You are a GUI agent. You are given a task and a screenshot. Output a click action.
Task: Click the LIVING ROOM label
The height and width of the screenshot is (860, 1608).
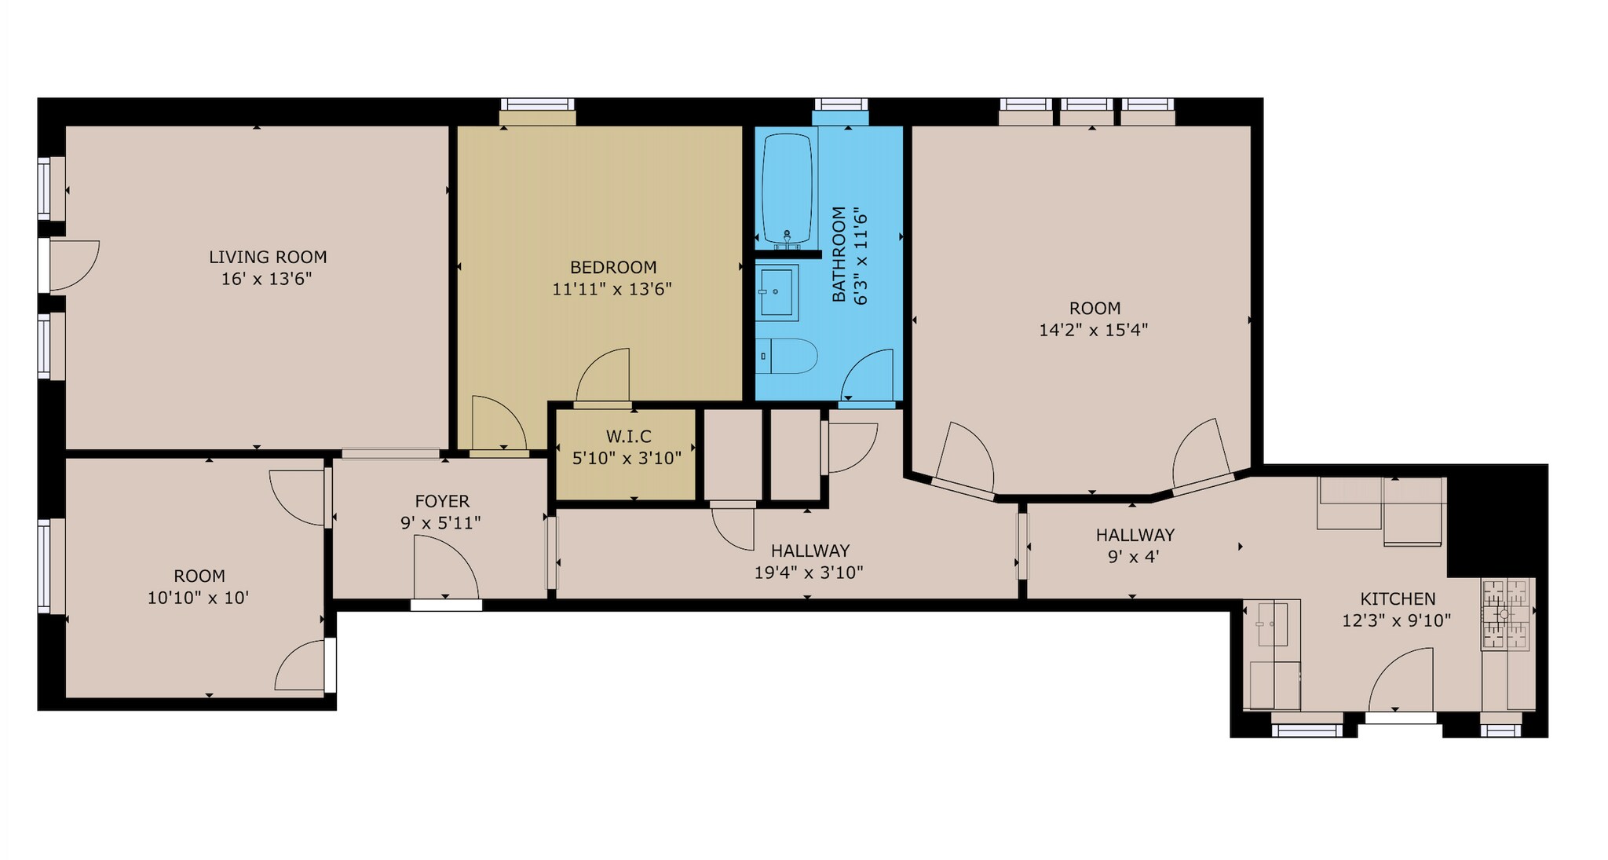tap(268, 257)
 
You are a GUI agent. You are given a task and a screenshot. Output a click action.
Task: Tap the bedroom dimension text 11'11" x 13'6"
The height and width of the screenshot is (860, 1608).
tap(612, 289)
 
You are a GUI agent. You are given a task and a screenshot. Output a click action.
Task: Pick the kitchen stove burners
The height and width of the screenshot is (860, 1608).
tap(1506, 614)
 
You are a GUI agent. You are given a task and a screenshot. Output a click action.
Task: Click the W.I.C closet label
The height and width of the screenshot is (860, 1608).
tap(629, 436)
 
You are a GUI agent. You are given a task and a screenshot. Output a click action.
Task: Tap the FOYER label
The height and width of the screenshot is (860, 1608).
tap(442, 501)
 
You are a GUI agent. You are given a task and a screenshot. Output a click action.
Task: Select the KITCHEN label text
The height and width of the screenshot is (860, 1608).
tap(1398, 598)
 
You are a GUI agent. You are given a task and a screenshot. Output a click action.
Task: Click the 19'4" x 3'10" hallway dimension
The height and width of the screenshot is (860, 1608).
tap(809, 573)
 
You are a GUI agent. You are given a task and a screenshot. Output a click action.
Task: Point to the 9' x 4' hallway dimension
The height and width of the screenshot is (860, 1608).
tap(1128, 557)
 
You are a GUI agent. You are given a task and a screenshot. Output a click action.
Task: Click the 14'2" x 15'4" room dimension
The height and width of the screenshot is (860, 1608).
tap(1094, 330)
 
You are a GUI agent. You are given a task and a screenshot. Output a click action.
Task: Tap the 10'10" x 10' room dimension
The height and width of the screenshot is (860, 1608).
tap(199, 598)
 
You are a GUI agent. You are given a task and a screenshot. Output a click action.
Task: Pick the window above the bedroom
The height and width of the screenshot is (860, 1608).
tap(538, 104)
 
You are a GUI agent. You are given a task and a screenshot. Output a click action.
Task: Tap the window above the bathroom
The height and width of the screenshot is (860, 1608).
tap(841, 104)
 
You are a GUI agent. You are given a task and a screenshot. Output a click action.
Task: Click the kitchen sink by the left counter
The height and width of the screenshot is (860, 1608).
tap(1272, 624)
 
